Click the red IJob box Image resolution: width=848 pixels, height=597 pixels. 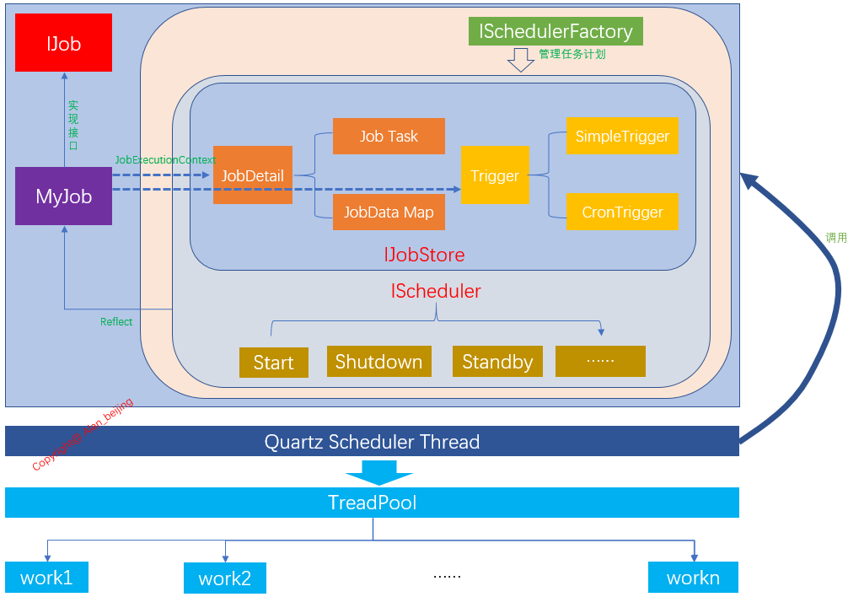pyautogui.click(x=63, y=43)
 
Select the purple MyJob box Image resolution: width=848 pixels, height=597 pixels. pyautogui.click(x=63, y=196)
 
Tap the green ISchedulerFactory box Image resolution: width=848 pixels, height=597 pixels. pyautogui.click(x=555, y=31)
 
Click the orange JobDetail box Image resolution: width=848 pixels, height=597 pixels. pyautogui.click(x=252, y=175)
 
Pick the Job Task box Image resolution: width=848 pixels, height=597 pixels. pyautogui.click(x=389, y=136)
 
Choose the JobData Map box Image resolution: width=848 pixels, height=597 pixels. pyautogui.click(x=389, y=212)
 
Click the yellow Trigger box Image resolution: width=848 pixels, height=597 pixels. pyautogui.click(x=495, y=175)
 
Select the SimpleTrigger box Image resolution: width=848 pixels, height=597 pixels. pyautogui.click(x=622, y=136)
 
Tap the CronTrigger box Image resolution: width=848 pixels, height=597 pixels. pyautogui.click(x=622, y=212)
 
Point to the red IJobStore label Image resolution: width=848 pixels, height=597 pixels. pyautogui.click(x=424, y=255)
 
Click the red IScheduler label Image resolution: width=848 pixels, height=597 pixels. pyautogui.click(x=436, y=292)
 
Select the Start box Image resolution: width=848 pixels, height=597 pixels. pyautogui.click(x=273, y=363)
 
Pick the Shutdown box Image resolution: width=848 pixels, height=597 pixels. pyautogui.click(x=378, y=362)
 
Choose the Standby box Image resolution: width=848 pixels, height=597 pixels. pyautogui.click(x=497, y=362)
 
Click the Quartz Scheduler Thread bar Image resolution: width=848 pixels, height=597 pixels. pyautogui.click(x=372, y=442)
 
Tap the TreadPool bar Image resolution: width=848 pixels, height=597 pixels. pyautogui.click(x=372, y=503)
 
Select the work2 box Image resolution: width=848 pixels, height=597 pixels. pyautogui.click(x=225, y=578)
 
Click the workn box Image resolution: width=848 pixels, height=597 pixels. pyautogui.click(x=693, y=578)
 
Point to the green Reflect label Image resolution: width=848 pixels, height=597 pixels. pyautogui.click(x=116, y=322)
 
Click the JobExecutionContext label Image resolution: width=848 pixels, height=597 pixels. pyautogui.click(x=165, y=159)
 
